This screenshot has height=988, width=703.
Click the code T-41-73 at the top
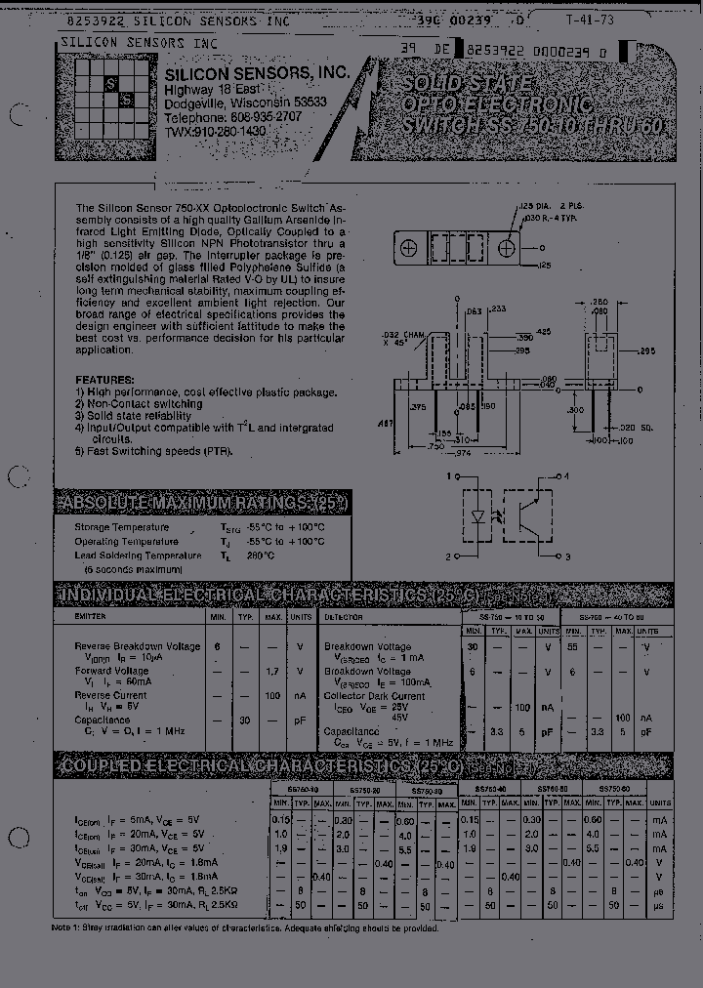point(603,19)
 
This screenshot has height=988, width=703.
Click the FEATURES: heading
point(104,380)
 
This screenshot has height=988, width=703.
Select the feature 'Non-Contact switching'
point(144,404)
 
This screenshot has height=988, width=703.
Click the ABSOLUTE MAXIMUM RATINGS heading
point(201,503)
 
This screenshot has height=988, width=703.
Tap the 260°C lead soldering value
point(259,556)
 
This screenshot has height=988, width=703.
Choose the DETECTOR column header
point(344,617)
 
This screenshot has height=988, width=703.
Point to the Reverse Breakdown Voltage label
point(138,646)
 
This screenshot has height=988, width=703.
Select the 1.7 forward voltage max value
point(271,673)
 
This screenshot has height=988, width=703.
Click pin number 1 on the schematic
point(450,476)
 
